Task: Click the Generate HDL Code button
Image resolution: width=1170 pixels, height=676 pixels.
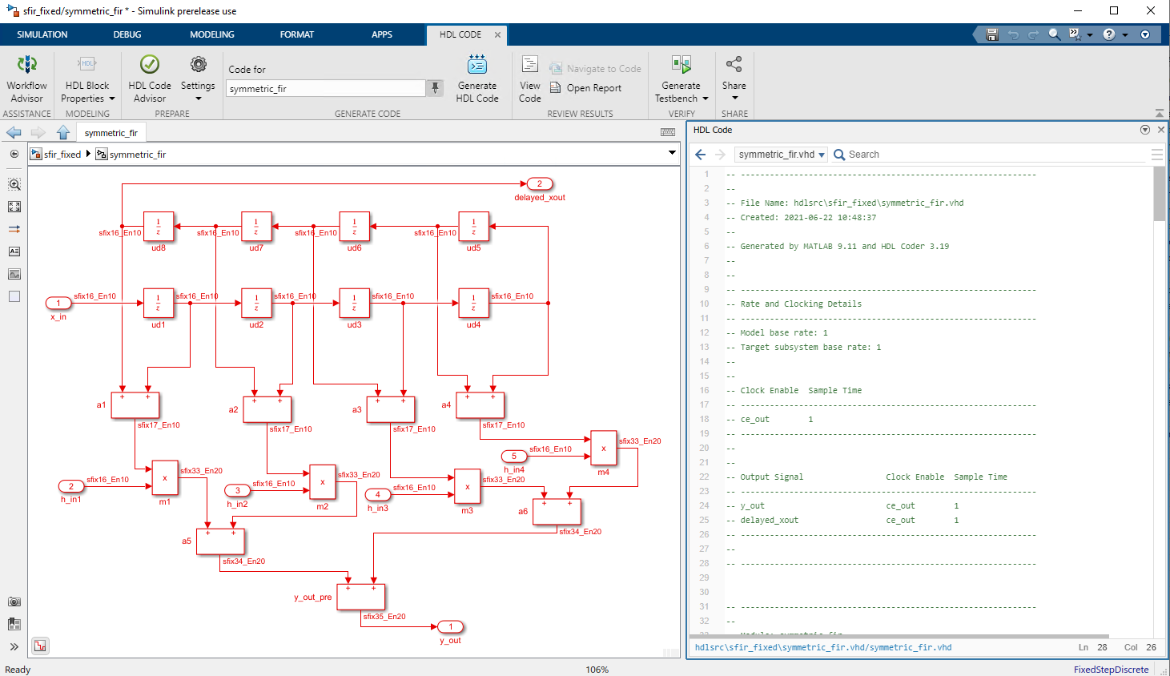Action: tap(476, 78)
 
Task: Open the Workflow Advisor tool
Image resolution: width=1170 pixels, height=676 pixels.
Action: tap(26, 78)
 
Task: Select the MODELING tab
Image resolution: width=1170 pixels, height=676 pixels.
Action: tap(211, 34)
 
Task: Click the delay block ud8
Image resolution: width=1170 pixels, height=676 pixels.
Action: tap(158, 227)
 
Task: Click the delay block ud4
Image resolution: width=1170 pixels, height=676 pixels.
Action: tap(473, 304)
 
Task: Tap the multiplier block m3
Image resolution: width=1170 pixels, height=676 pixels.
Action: tap(467, 486)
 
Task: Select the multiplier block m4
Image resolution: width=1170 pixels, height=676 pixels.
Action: tap(603, 449)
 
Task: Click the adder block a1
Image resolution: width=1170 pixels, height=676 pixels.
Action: tap(135, 405)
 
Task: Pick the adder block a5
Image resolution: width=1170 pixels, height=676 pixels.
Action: tap(220, 541)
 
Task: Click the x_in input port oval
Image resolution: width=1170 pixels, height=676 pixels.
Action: tap(58, 303)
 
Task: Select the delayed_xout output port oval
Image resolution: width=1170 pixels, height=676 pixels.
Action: tap(540, 184)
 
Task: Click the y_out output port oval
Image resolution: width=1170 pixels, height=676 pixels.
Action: tap(451, 627)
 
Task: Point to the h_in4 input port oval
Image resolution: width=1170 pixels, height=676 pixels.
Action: tap(514, 457)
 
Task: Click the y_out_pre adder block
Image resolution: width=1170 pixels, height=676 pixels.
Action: tap(361, 597)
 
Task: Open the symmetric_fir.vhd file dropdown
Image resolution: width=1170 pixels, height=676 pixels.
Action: tap(781, 155)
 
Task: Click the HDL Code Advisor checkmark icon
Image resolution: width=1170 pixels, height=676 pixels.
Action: tap(150, 64)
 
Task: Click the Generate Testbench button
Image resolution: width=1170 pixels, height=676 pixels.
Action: tap(681, 78)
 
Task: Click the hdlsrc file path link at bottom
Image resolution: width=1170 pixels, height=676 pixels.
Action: tap(823, 647)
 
